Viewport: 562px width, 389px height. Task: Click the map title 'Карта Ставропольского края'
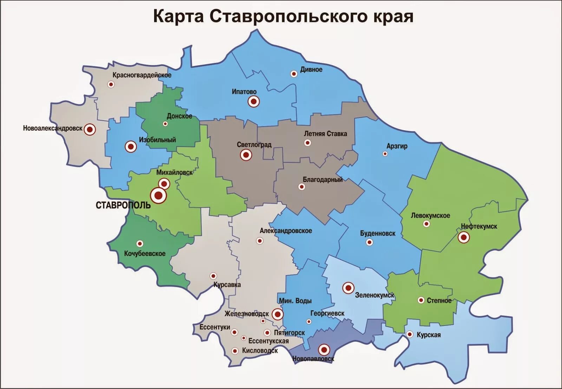coord(283,17)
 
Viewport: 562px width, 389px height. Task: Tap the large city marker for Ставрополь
coord(158,196)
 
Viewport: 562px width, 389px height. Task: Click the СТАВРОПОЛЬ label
coord(123,205)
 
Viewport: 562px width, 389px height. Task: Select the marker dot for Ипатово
coord(254,101)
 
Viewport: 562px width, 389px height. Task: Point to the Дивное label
coord(311,70)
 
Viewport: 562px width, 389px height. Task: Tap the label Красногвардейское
coord(142,75)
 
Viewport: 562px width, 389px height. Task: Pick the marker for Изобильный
coord(131,146)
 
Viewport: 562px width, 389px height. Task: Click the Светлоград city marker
coord(246,154)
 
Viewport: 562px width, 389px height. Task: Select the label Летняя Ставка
coord(325,134)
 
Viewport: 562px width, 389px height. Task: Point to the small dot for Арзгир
coord(385,154)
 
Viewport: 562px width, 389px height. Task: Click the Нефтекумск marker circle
coord(464,238)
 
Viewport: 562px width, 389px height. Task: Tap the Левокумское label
coord(430,216)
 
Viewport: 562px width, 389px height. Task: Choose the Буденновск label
coord(378,233)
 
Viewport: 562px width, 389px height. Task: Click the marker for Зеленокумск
coord(348,288)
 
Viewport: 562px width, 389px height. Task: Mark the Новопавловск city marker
coord(324,350)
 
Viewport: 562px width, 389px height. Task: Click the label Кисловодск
coord(260,351)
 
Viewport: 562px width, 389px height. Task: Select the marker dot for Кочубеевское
coord(140,243)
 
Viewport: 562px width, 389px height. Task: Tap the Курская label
coord(429,335)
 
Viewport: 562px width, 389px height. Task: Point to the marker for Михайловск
coord(164,183)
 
